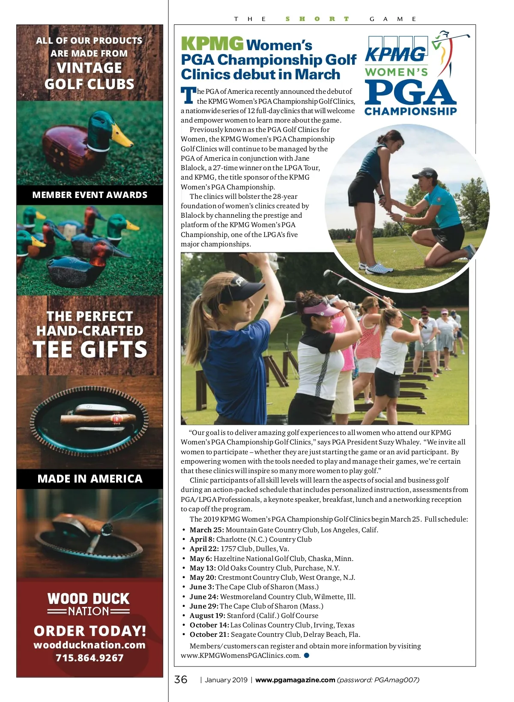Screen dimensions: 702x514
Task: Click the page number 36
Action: tap(181, 679)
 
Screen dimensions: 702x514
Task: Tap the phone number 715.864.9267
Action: tap(90, 658)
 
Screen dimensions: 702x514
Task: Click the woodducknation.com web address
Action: tap(90, 645)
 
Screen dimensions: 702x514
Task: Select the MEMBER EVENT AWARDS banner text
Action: tap(90, 195)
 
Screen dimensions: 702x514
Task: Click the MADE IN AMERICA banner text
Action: tap(90, 479)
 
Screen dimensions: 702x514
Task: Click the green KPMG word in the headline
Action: tap(212, 44)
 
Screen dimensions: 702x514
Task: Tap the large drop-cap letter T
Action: tap(188, 95)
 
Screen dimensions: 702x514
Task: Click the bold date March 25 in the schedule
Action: tap(206, 530)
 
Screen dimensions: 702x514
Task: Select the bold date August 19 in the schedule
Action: tap(207, 615)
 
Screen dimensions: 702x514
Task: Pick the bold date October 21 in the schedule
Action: tap(209, 634)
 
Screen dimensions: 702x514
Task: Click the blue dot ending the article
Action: tap(307, 655)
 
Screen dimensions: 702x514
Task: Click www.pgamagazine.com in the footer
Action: tap(295, 680)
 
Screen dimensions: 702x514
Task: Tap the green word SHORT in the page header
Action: tap(317, 19)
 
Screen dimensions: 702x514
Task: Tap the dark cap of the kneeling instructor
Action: tap(424, 174)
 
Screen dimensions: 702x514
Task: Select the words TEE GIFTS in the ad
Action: tap(90, 349)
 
